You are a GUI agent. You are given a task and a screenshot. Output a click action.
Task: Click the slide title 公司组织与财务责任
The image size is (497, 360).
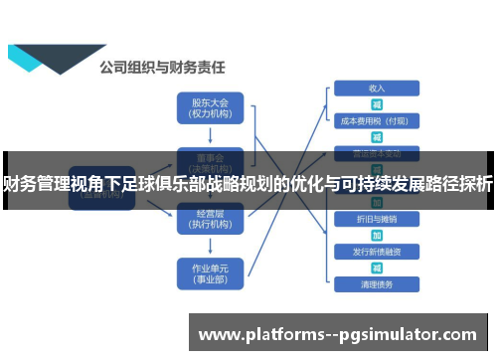[x=161, y=69]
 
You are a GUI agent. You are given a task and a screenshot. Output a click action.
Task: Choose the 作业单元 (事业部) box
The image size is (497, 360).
[x=209, y=272]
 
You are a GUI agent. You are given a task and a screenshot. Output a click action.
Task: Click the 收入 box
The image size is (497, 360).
[x=376, y=88]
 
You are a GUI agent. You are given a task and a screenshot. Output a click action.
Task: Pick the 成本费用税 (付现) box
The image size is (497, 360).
[x=376, y=121]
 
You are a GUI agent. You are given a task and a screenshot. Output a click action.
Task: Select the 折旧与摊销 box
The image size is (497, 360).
[x=376, y=218]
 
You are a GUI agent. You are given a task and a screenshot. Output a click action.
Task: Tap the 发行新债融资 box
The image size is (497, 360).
[x=376, y=251]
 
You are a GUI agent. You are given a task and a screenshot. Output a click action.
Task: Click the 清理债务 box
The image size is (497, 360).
[x=376, y=284]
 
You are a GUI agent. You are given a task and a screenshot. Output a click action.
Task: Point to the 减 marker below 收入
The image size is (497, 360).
[x=377, y=104]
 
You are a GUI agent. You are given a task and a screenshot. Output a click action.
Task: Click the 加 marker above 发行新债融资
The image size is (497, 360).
[x=377, y=235]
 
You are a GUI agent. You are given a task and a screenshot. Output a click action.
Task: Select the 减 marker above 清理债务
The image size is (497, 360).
[x=377, y=268]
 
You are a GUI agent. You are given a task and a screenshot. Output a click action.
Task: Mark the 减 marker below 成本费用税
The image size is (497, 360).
[x=377, y=137]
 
